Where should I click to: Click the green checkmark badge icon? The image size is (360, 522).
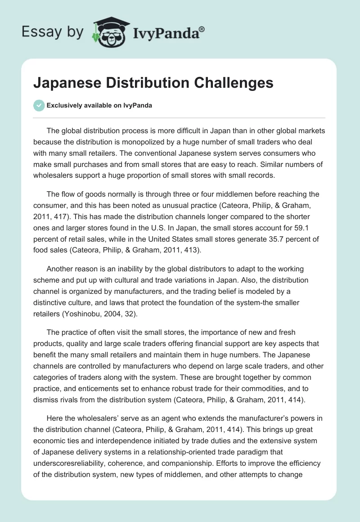click(39, 105)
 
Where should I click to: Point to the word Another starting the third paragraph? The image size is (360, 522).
click(61, 269)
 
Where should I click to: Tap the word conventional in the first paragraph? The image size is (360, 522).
click(130, 151)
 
